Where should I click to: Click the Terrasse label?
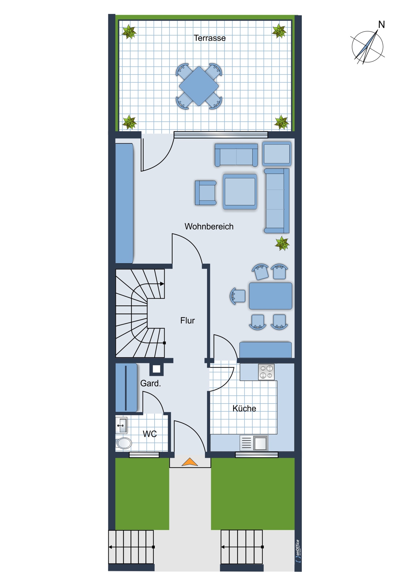coord(209,38)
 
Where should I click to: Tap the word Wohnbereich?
coord(209,227)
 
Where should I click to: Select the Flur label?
coord(187,320)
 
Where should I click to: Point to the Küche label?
coord(244,408)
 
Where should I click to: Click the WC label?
coord(150,434)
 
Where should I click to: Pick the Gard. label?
coord(151,383)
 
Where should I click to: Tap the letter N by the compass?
coord(381,25)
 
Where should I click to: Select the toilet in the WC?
coord(124,443)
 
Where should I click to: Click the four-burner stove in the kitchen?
coord(266,372)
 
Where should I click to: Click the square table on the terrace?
coord(199,86)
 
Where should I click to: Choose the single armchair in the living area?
coord(206,193)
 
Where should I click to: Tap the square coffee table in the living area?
coord(240,192)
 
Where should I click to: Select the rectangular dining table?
coord(271,296)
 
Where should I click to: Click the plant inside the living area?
coord(282,244)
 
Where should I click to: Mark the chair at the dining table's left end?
coord(238,296)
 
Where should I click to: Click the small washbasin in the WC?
coord(121,425)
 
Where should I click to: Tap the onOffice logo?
coord(298,551)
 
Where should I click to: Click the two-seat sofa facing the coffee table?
coord(236,155)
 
